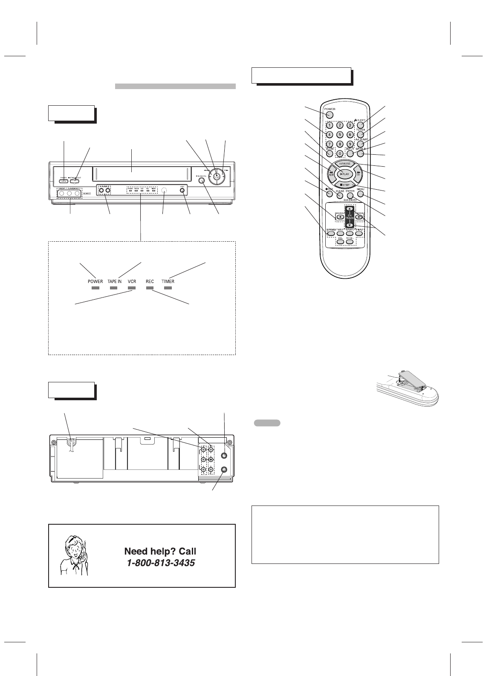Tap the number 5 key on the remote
340,134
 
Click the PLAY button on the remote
344,174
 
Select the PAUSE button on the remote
344,164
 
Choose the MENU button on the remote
360,194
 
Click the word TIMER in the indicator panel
168,281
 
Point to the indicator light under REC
149,288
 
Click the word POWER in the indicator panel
95,281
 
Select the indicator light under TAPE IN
114,288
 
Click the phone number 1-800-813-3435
161,563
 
